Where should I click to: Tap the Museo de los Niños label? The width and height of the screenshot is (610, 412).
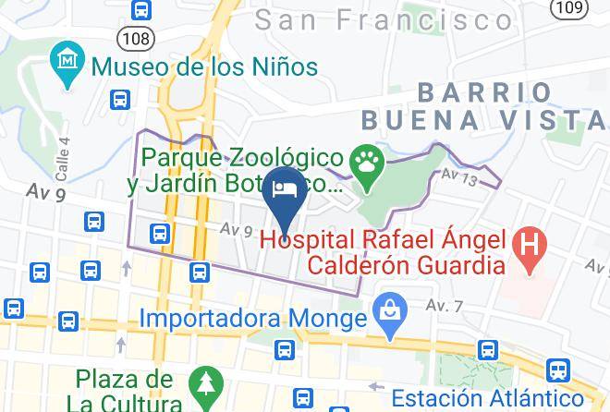click(x=204, y=67)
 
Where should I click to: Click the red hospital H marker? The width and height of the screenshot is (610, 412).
click(x=531, y=247)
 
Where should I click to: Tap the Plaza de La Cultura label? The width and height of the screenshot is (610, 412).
click(x=125, y=391)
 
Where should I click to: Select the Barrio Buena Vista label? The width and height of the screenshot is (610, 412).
click(x=483, y=106)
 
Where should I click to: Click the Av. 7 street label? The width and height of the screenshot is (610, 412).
click(x=444, y=304)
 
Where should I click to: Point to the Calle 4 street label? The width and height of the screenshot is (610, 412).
click(x=63, y=160)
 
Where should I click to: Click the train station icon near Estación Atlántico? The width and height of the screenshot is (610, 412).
click(x=558, y=370)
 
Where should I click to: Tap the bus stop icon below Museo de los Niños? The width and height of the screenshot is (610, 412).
click(x=120, y=100)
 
